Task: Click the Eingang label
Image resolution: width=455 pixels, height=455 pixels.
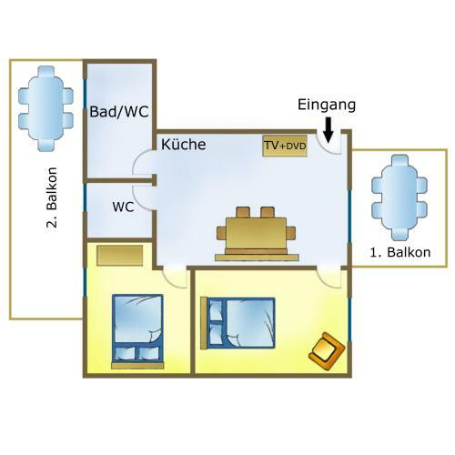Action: click(x=327, y=106)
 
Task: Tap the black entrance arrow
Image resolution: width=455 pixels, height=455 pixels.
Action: click(x=328, y=130)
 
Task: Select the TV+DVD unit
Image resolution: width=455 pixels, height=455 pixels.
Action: click(x=285, y=146)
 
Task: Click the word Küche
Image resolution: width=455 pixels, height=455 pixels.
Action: click(x=184, y=144)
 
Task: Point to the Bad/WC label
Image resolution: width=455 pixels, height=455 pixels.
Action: click(x=119, y=112)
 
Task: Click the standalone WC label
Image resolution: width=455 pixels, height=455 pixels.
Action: click(x=123, y=207)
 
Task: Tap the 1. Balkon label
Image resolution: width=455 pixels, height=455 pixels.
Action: click(x=400, y=252)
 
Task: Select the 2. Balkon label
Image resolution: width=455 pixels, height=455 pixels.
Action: click(x=52, y=197)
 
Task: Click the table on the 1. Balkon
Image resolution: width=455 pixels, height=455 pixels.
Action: click(x=399, y=197)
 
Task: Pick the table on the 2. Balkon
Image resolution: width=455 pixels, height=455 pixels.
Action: click(x=45, y=108)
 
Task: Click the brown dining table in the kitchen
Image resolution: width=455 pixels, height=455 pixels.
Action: click(x=257, y=234)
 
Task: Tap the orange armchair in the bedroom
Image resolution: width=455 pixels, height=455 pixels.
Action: click(x=327, y=351)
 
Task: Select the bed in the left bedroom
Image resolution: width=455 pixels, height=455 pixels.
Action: click(x=137, y=331)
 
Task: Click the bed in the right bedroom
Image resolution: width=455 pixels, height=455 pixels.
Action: click(x=238, y=323)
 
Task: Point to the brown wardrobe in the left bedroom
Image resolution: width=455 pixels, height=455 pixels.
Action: click(x=120, y=256)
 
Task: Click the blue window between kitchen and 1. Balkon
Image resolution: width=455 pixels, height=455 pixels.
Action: click(x=349, y=217)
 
